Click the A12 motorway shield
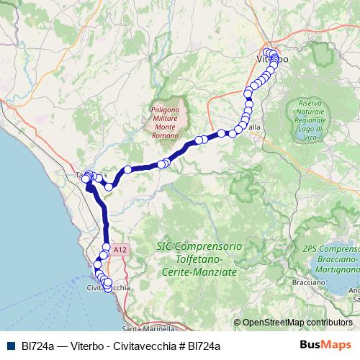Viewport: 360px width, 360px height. coord(121,249)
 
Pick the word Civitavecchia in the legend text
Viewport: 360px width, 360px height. coord(148,346)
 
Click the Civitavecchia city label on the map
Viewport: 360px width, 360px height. coord(108,288)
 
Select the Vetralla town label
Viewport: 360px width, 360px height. coord(253,126)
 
